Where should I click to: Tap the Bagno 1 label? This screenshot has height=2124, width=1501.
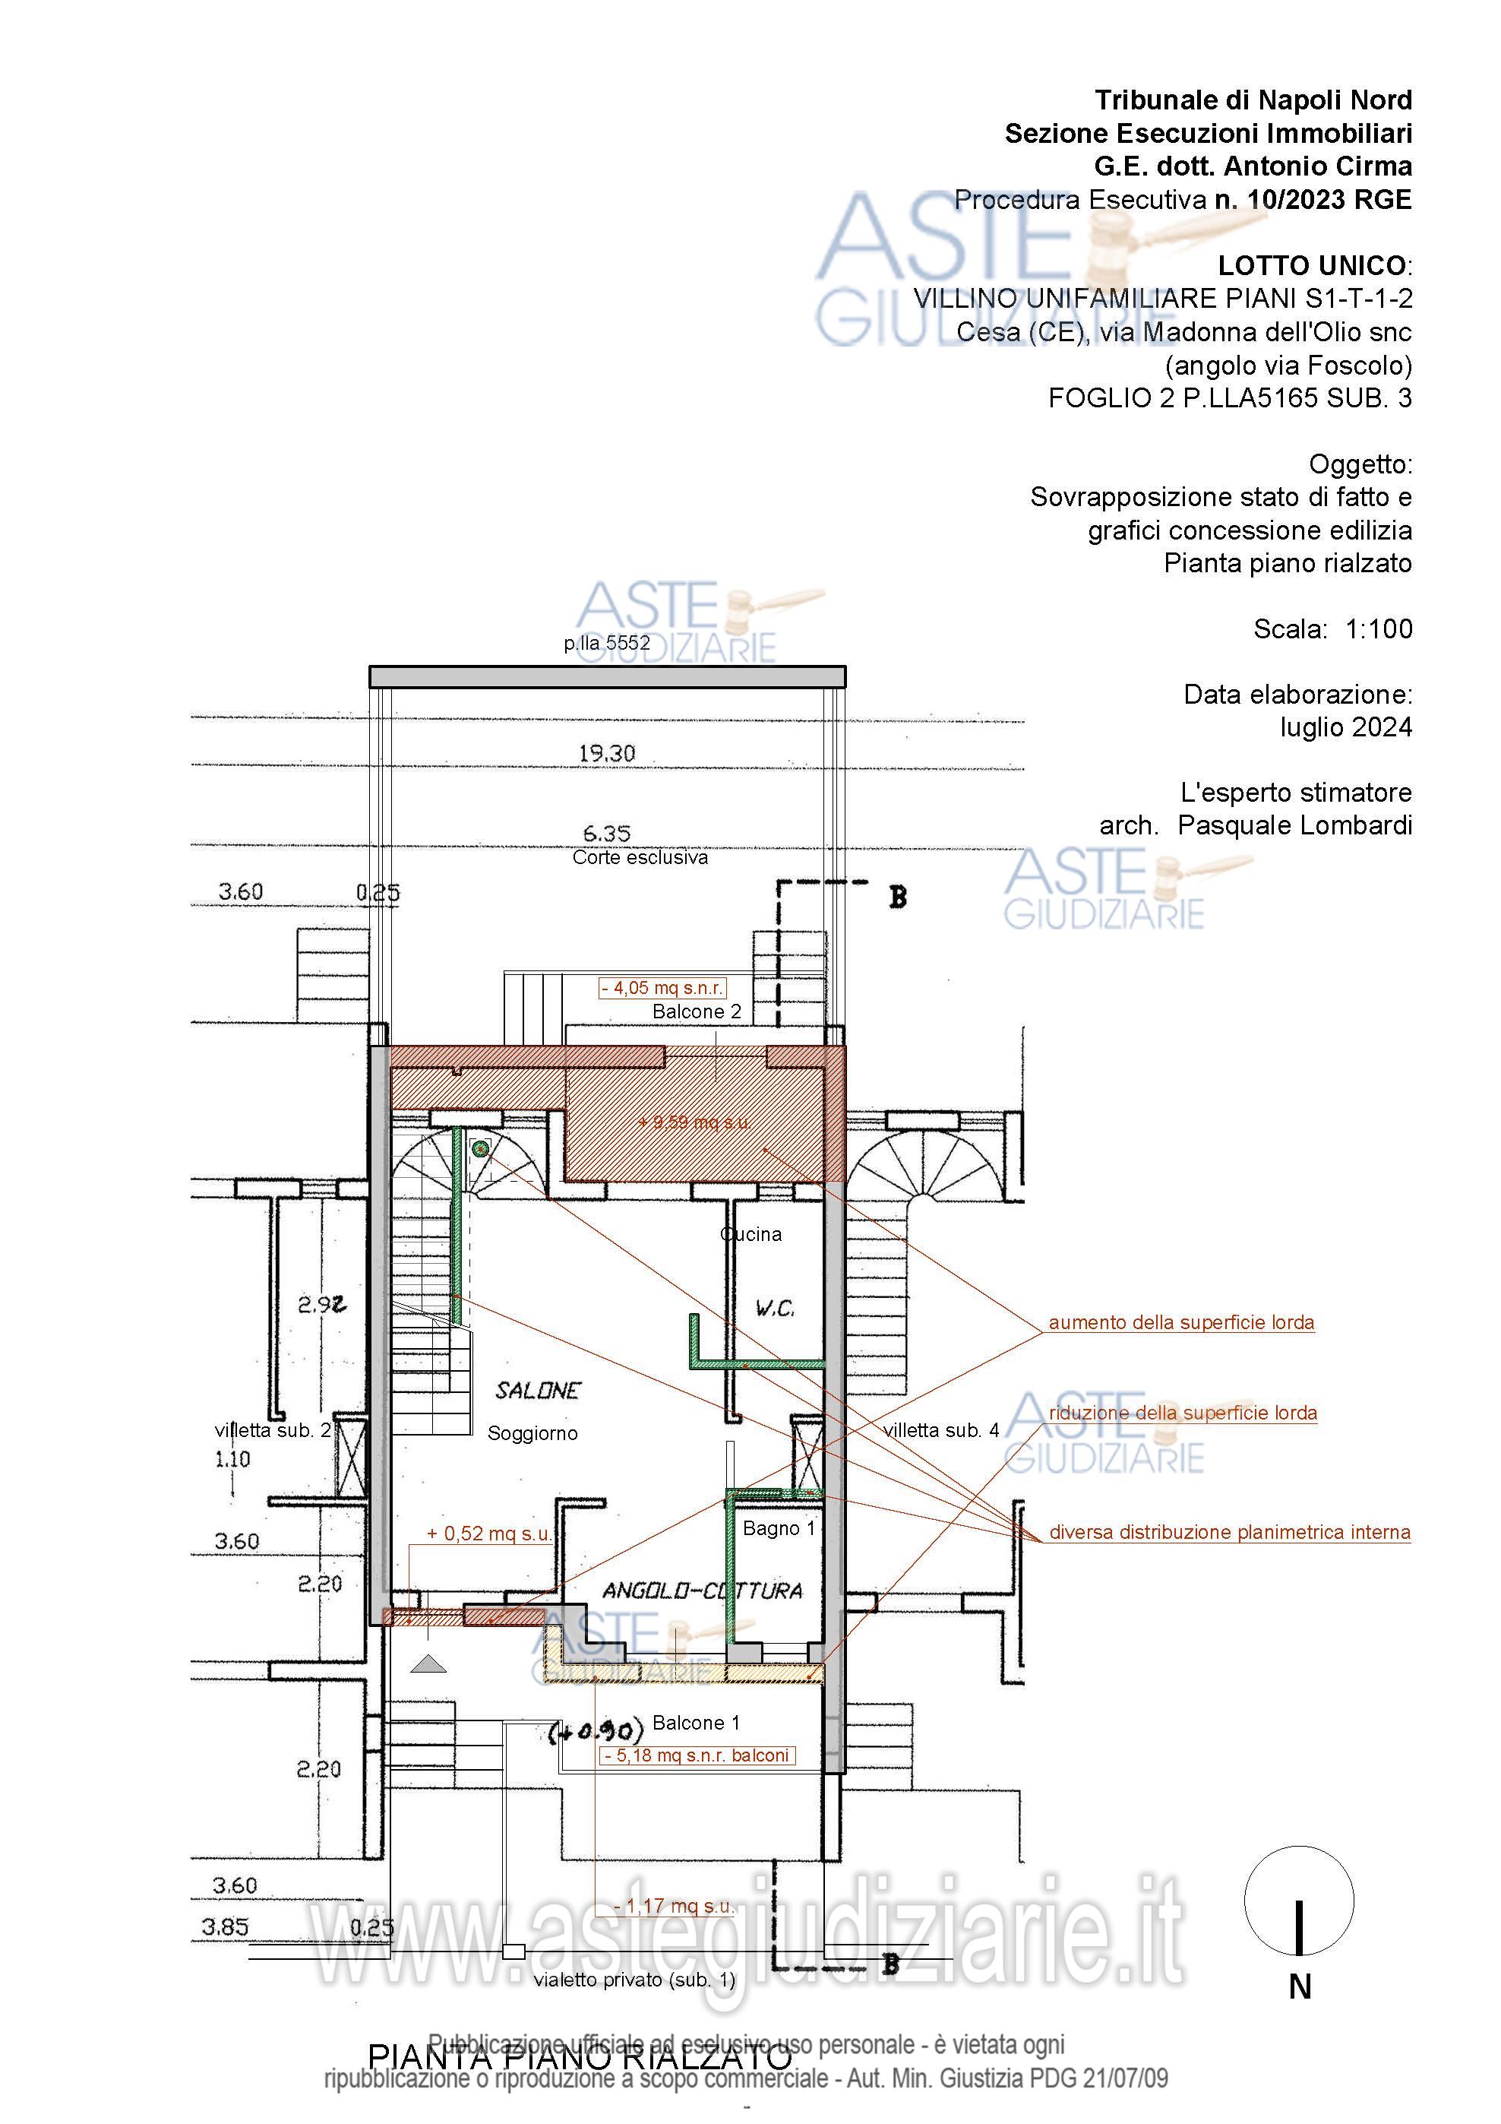(779, 1528)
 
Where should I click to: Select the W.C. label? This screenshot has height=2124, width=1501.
(774, 1308)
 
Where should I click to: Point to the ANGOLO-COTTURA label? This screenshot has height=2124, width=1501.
(702, 1591)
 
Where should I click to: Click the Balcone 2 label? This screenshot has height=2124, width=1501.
(697, 1012)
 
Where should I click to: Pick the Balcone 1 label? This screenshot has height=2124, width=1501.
(696, 1723)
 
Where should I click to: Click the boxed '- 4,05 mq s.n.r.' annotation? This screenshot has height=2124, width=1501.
(662, 988)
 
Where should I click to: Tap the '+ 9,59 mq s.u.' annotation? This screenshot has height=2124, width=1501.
(694, 1122)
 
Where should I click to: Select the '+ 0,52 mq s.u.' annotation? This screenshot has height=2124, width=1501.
(488, 1533)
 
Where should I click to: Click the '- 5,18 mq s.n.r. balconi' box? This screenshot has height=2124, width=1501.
(697, 1755)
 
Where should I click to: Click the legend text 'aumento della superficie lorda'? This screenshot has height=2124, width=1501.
(1181, 1323)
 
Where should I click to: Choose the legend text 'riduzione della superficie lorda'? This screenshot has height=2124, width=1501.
(1183, 1413)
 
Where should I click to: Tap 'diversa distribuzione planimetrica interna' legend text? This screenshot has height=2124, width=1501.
(1229, 1532)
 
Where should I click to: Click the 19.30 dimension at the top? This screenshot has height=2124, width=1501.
(607, 753)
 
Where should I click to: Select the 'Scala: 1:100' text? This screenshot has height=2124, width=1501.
(1332, 629)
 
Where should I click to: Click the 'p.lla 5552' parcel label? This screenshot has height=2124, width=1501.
(607, 643)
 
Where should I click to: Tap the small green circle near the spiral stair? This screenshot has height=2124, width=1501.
(480, 1149)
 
